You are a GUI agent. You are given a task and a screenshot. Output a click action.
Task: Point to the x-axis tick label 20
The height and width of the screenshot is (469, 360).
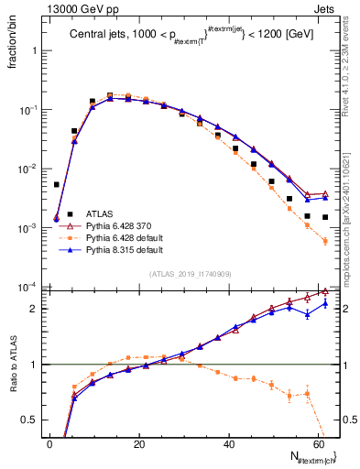point(138,444)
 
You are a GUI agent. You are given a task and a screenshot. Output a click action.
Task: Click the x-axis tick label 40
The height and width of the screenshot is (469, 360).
point(227,444)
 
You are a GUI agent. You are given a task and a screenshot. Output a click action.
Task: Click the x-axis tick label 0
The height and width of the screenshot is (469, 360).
point(49,444)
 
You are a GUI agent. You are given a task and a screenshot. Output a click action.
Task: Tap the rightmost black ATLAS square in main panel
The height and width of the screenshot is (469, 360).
point(325,218)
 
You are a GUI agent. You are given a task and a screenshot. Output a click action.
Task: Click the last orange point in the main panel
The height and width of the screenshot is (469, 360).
point(325,241)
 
